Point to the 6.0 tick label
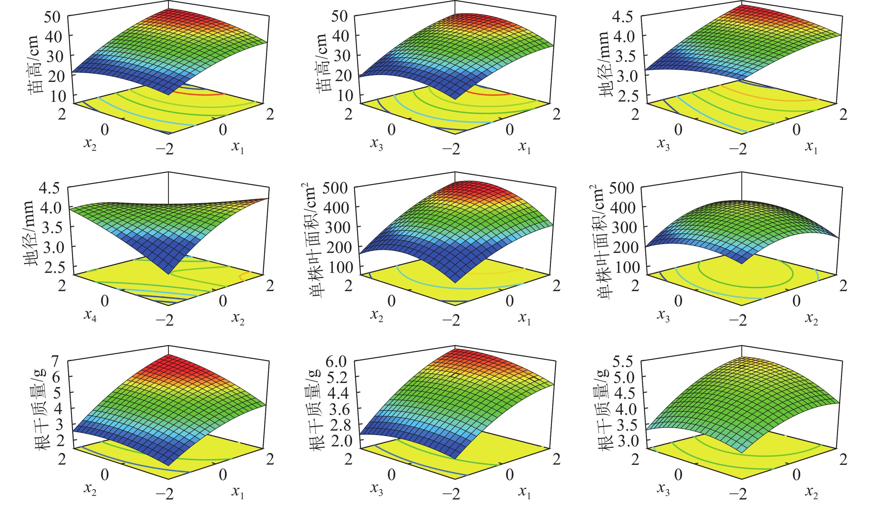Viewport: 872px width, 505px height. (x=336, y=362)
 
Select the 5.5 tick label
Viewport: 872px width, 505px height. (x=623, y=362)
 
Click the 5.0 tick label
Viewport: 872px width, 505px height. (x=623, y=378)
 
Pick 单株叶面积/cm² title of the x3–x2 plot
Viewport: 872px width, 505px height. (x=598, y=242)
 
